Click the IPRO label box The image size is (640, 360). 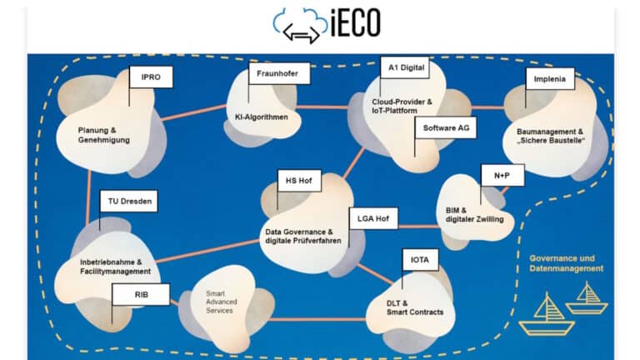click(x=151, y=77)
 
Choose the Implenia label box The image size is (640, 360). click(x=548, y=81)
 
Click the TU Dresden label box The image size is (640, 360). click(x=127, y=201)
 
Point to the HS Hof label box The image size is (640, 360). click(x=297, y=180)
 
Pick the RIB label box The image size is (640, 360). click(x=141, y=293)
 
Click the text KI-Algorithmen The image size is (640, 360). click(x=261, y=117)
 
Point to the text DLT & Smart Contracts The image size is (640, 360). click(x=414, y=307)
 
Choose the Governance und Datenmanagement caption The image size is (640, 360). click(x=566, y=263)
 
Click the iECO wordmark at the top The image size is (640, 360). click(x=357, y=22)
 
